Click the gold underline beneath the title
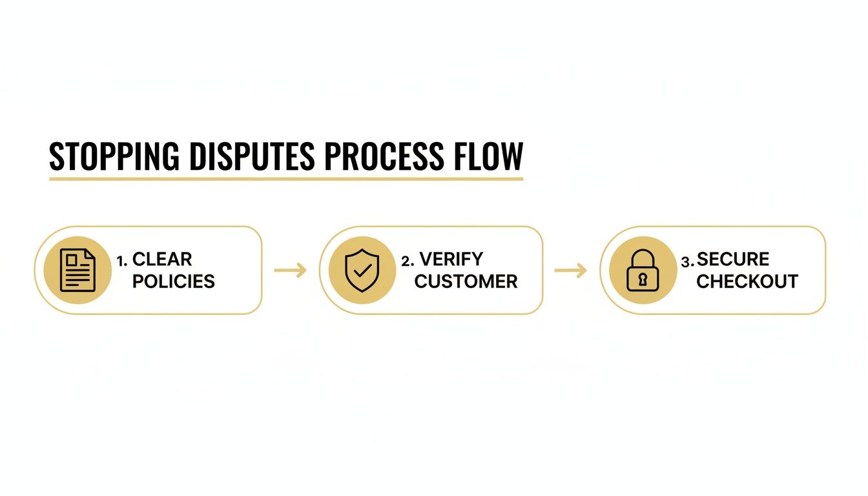[x=286, y=178]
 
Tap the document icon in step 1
[x=77, y=271]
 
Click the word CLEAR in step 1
[x=162, y=260]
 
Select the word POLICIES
[x=174, y=282]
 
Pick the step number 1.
[x=121, y=261]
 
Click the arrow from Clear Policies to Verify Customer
[x=291, y=271]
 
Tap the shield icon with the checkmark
[x=362, y=271]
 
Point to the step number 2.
[x=407, y=261]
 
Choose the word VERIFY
[x=451, y=260]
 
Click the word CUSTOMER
[x=466, y=282]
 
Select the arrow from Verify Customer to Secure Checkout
[x=571, y=271]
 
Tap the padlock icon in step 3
[x=643, y=271]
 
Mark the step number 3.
[x=687, y=262]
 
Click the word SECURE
[x=733, y=260]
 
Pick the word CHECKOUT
[x=747, y=282]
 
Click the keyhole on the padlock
[x=643, y=279]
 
